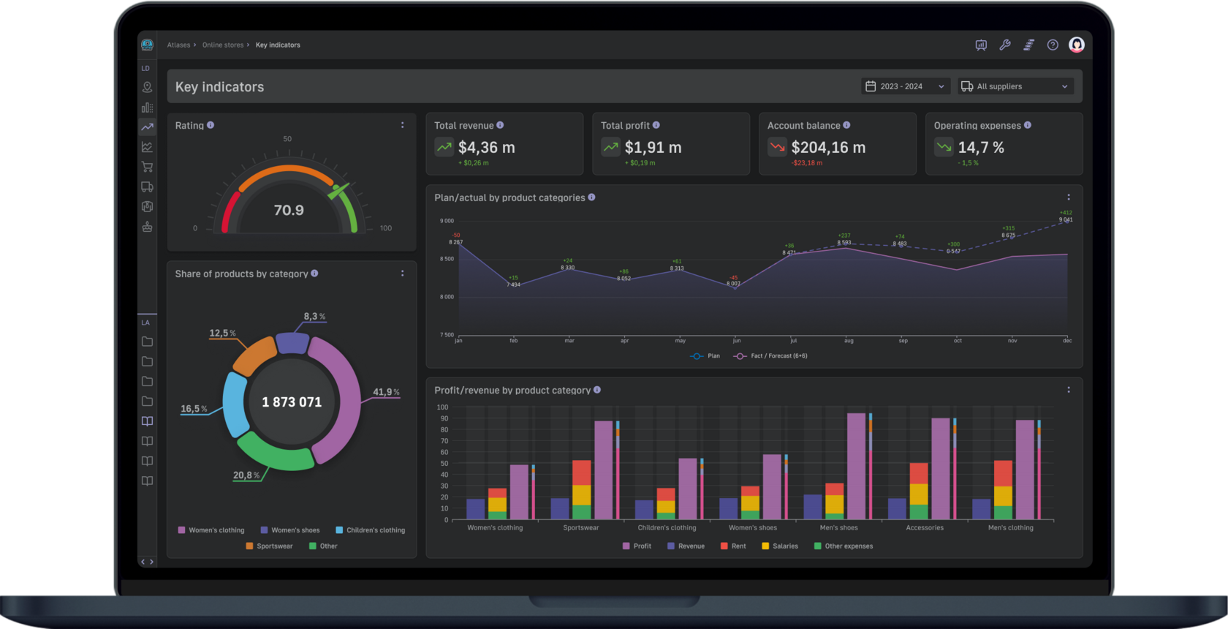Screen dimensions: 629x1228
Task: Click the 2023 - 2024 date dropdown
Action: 905,86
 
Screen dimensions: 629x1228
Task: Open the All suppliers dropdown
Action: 1015,86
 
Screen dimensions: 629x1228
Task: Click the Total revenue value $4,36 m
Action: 486,148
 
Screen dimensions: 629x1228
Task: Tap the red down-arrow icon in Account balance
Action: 777,147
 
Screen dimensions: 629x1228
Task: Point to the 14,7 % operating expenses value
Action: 981,148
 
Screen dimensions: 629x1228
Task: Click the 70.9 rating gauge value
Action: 289,211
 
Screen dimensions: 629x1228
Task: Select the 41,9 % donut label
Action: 385,392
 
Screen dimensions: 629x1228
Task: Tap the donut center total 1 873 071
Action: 292,402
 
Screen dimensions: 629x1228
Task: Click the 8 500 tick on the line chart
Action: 447,259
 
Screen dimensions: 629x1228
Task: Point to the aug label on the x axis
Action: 849,341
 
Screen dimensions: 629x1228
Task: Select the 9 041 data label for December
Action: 1066,220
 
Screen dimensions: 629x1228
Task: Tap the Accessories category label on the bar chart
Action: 925,528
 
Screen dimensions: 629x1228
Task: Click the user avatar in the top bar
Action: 1076,45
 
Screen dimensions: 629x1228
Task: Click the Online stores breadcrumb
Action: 223,45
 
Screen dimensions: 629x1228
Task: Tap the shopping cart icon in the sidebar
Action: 147,167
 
